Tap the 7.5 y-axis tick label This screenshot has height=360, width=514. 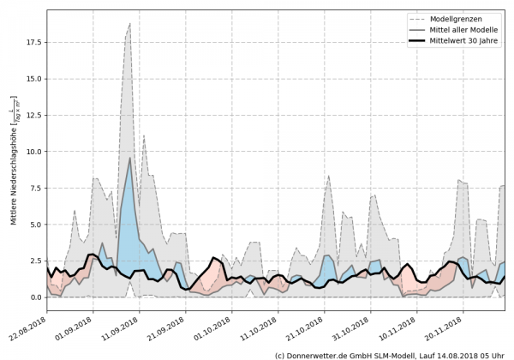click(x=34, y=188)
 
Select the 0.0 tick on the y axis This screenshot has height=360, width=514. click(x=34, y=297)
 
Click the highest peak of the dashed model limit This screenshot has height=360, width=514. click(x=129, y=24)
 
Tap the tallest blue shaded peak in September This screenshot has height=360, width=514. click(x=129, y=159)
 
